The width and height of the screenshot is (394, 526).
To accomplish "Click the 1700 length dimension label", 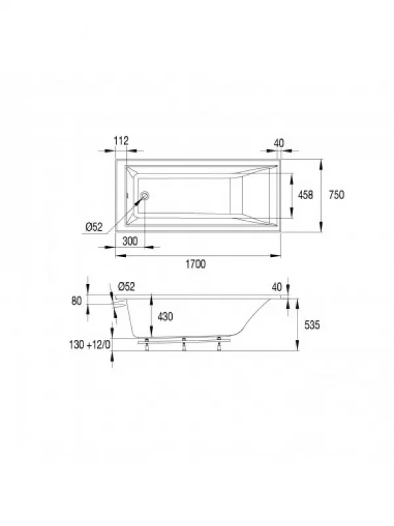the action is [196, 264].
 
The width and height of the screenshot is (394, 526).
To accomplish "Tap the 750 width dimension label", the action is [336, 195].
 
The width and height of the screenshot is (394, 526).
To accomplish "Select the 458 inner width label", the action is [305, 195].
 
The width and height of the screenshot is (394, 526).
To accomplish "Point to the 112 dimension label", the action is [121, 141].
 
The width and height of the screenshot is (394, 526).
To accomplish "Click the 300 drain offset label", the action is [130, 241].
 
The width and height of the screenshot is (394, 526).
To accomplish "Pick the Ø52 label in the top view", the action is [94, 227].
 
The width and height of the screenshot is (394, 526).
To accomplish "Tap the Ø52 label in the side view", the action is [126, 287].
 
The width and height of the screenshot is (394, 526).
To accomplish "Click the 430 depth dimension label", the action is [165, 316].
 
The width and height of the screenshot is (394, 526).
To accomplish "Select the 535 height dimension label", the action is [312, 325].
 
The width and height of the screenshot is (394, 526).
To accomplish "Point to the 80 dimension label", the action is [77, 301].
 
